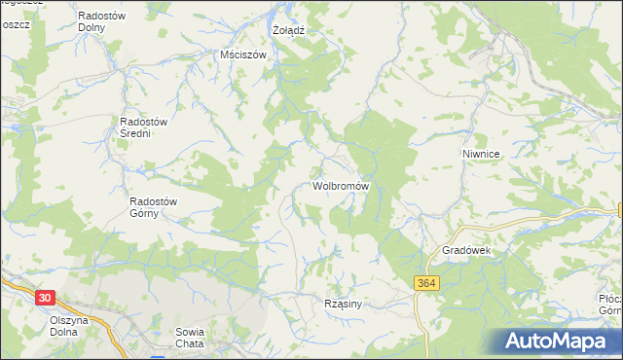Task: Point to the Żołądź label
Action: pyautogui.click(x=289, y=31)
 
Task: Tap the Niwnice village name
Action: pyautogui.click(x=481, y=155)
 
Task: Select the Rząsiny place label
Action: pyautogui.click(x=343, y=304)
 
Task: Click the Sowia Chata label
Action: pyautogui.click(x=190, y=338)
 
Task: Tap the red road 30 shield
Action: pyautogui.click(x=44, y=297)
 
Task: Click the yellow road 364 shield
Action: pyautogui.click(x=424, y=282)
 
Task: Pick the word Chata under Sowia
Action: pyautogui.click(x=190, y=344)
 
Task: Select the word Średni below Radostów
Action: pyautogui.click(x=135, y=133)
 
